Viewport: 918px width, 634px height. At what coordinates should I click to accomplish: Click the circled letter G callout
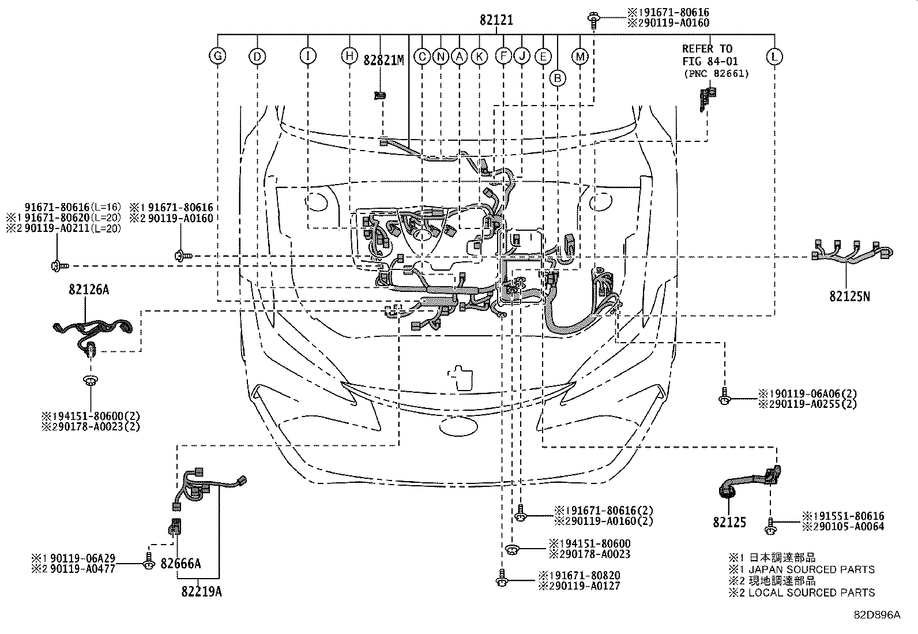[x=217, y=56]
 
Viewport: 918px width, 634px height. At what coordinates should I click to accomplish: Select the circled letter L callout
[x=774, y=56]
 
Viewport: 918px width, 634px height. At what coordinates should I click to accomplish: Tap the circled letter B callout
[x=557, y=78]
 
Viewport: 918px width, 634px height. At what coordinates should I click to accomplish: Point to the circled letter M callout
[x=580, y=56]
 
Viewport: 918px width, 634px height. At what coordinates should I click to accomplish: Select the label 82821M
[x=383, y=59]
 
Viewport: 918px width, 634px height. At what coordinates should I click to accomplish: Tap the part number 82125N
[x=849, y=296]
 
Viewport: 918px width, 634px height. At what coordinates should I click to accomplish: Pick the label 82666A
[x=181, y=563]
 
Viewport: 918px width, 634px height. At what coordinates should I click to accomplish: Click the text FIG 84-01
[x=710, y=61]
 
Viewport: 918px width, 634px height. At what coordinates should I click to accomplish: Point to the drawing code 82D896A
[x=876, y=615]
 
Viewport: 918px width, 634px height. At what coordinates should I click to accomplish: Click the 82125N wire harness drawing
[x=851, y=253]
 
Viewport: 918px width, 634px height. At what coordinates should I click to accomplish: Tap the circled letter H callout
[x=349, y=56]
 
